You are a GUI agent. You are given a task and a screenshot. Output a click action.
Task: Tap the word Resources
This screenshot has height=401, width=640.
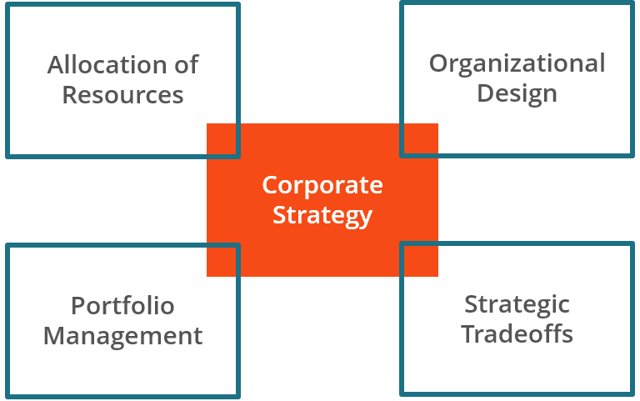(x=122, y=94)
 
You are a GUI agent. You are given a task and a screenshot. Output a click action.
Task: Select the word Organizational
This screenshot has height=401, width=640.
(x=517, y=63)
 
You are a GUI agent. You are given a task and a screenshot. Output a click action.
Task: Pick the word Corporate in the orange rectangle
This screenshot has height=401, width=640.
(x=322, y=185)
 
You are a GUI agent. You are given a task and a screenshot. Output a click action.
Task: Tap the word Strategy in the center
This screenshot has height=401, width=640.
(x=322, y=215)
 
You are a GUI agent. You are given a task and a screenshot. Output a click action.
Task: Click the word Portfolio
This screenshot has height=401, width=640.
(x=122, y=306)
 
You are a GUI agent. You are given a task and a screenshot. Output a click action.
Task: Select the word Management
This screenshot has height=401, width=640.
(x=122, y=335)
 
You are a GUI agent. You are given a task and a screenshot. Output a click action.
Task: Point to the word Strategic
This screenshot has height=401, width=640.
(x=517, y=304)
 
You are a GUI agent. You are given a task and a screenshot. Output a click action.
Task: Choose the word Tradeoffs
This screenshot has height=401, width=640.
(x=517, y=333)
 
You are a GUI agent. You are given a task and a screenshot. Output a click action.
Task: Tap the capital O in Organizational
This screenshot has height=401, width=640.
(x=438, y=63)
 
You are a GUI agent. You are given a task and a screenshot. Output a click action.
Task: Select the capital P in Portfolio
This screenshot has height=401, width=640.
(x=77, y=306)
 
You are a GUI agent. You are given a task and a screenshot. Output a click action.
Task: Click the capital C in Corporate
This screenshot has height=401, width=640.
(x=270, y=185)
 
